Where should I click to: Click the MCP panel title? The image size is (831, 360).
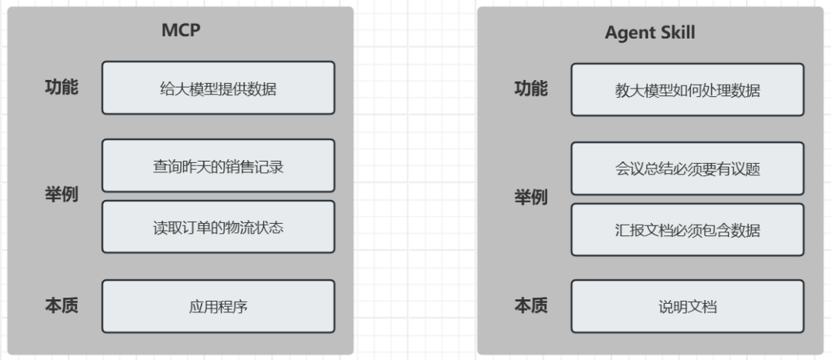click(x=181, y=32)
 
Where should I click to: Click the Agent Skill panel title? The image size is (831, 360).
click(x=649, y=32)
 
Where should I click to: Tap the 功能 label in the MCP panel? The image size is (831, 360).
click(x=61, y=88)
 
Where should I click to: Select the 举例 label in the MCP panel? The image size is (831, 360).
click(x=61, y=195)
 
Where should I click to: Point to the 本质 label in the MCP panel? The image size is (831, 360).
click(x=61, y=305)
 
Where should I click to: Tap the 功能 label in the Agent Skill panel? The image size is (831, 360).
click(x=531, y=88)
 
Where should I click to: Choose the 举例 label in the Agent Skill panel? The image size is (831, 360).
click(x=531, y=198)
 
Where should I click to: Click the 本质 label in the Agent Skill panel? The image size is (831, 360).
click(x=531, y=305)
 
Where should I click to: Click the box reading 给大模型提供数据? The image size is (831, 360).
click(x=219, y=88)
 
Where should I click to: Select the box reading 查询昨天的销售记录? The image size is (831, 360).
click(x=219, y=165)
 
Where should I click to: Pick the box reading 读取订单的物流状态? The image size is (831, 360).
click(x=219, y=227)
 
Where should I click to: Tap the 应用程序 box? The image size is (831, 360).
click(x=219, y=307)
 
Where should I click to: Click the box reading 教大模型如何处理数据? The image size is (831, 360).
click(x=687, y=90)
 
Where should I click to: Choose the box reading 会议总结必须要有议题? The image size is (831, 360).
click(x=687, y=168)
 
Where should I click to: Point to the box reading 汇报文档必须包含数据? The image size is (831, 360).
click(x=687, y=230)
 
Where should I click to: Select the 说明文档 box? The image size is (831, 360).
click(x=687, y=307)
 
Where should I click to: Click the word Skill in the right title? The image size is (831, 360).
click(x=677, y=32)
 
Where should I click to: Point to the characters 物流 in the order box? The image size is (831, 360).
click(x=241, y=227)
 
